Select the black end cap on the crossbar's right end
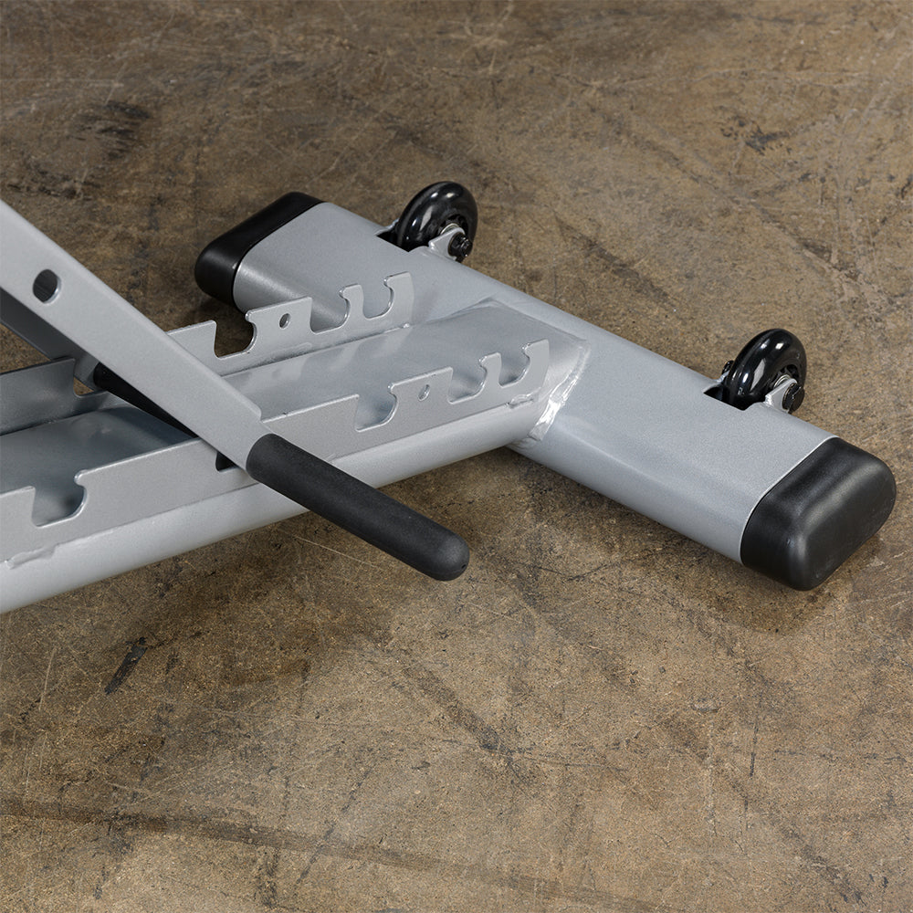click(818, 513)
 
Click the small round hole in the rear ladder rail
click(285, 320)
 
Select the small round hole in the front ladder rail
click(423, 392)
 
